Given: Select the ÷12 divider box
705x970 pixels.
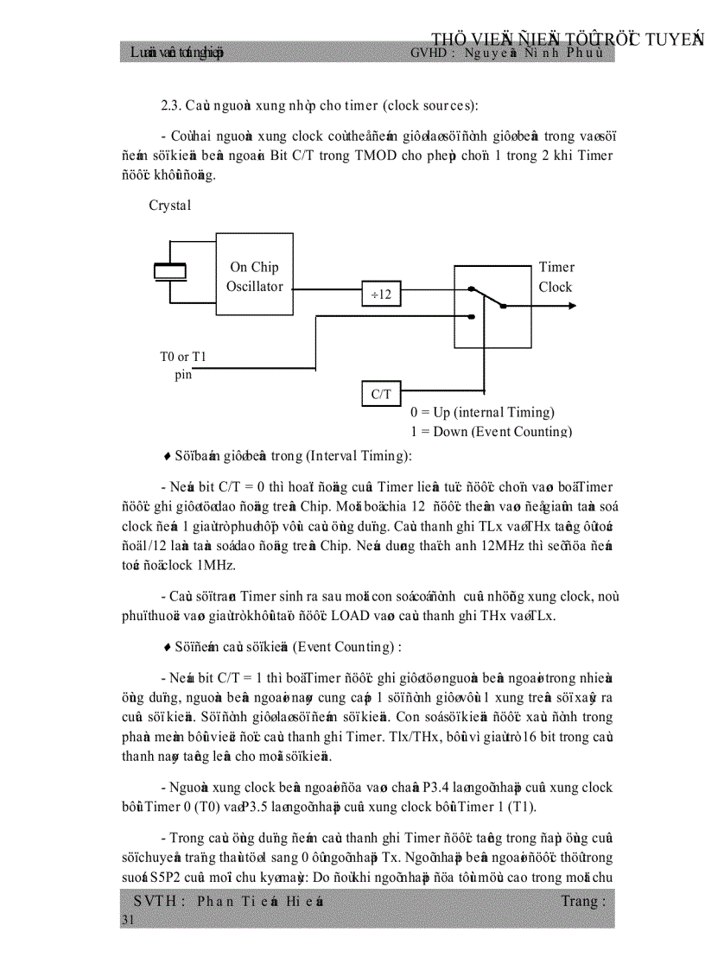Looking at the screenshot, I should [381, 295].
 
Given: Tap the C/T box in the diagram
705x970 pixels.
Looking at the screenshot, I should [381, 395].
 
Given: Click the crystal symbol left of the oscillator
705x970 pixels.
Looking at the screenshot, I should [170, 271].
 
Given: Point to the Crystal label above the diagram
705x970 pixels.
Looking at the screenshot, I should [169, 206].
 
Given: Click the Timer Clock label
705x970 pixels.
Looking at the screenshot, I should [556, 277].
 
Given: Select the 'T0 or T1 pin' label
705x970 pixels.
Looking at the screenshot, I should [182, 365].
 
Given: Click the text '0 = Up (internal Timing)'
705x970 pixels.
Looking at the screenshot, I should [482, 413].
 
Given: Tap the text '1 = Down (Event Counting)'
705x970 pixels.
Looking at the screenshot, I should [490, 431].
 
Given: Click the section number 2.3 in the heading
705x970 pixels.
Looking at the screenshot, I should [170, 105].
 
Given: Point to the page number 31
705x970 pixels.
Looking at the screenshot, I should [128, 922].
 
